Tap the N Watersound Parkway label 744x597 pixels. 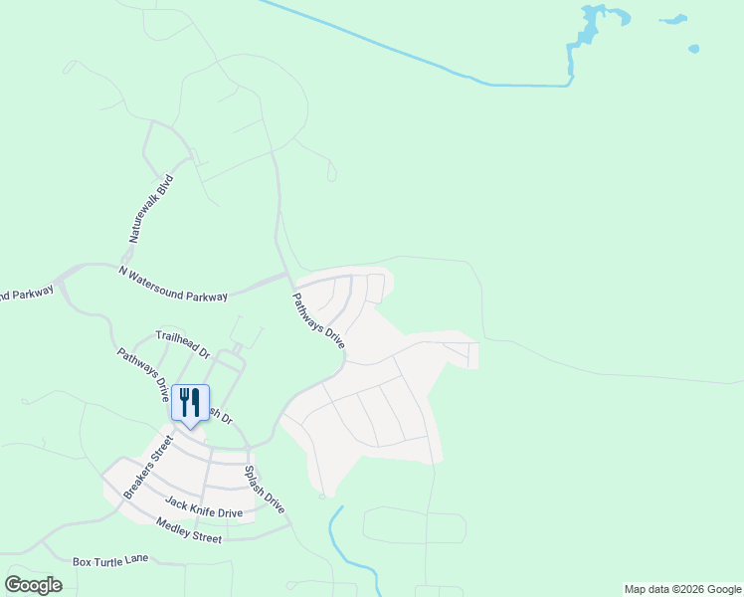pos(173,284)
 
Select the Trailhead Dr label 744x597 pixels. pos(183,345)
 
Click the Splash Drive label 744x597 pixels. pos(265,490)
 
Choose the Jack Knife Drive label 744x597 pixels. pos(204,507)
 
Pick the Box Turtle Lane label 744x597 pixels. pos(110,560)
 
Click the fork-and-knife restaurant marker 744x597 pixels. pos(190,403)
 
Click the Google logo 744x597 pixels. pos(33,585)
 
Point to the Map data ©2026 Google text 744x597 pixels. pos(682,589)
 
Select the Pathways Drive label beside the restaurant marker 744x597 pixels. pos(143,373)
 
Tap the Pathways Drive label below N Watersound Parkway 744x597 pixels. pos(319,319)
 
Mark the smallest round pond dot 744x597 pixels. pos(693,48)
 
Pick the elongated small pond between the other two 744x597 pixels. pos(673,19)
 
